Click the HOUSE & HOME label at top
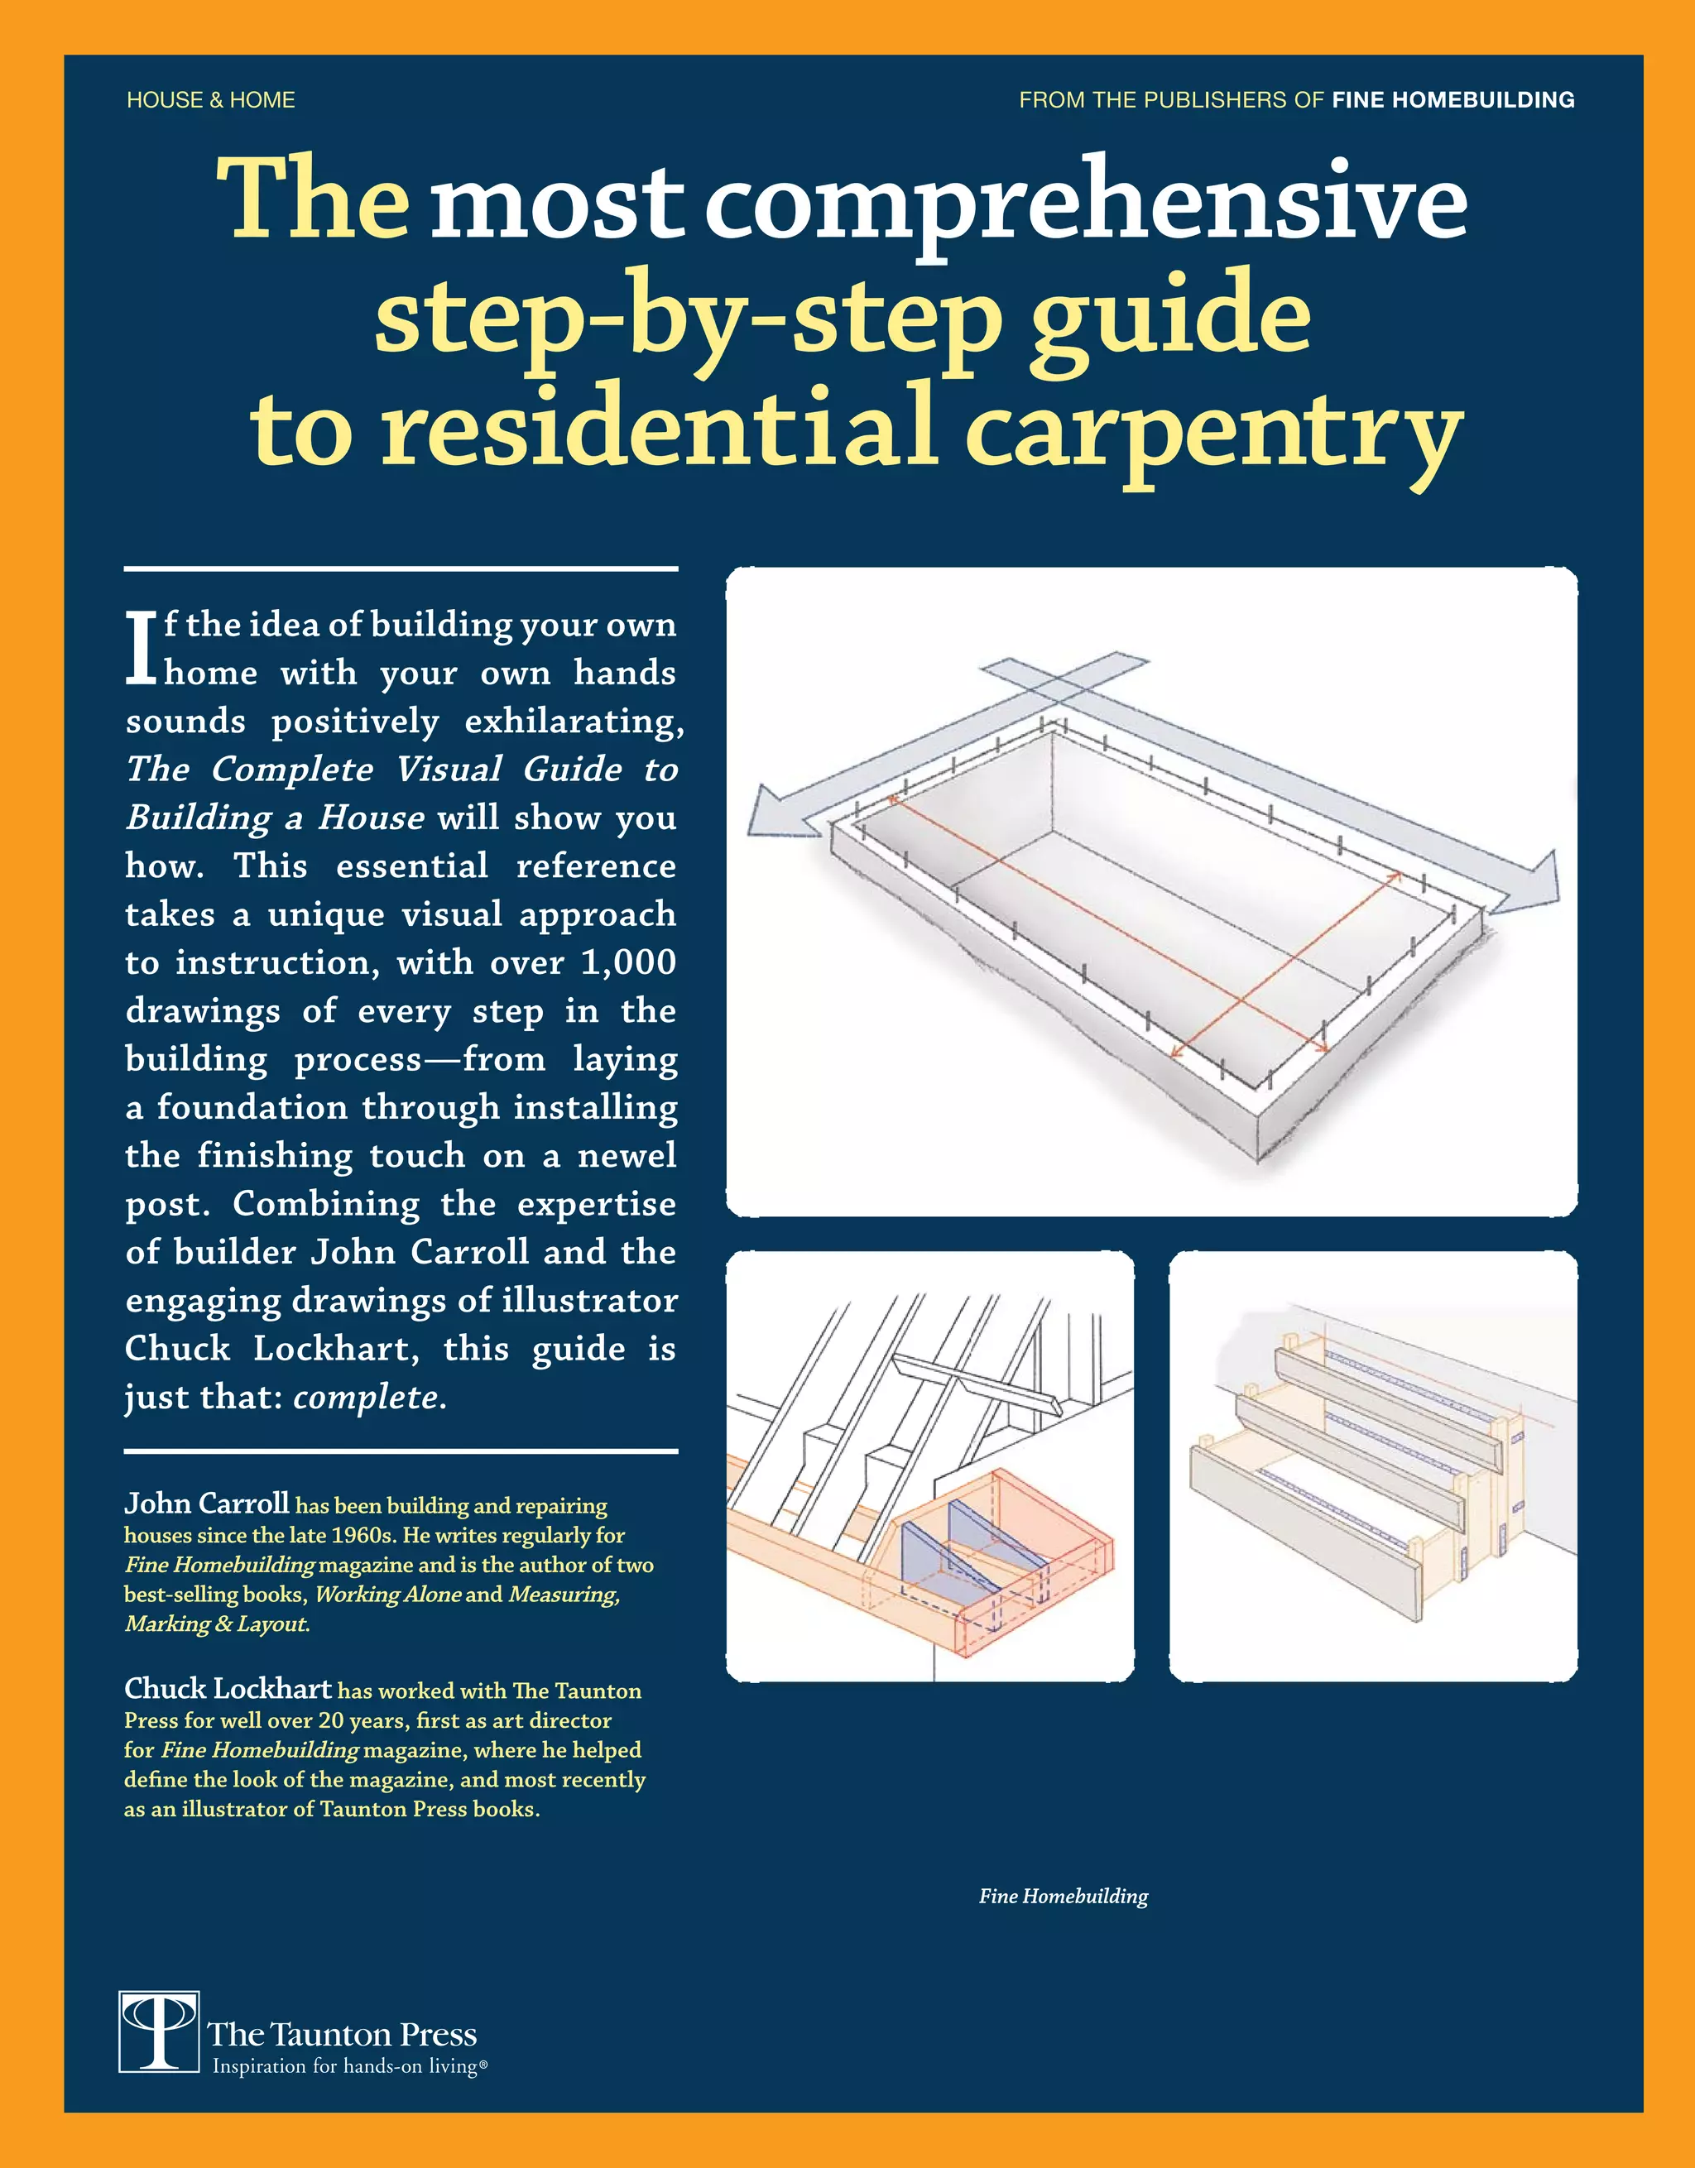click(x=210, y=100)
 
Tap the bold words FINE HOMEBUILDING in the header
click(x=1453, y=100)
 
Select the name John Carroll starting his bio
click(x=207, y=1503)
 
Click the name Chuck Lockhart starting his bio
click(x=228, y=1689)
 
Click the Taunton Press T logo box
click(x=159, y=2031)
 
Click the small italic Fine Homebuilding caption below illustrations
click(x=1063, y=1896)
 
